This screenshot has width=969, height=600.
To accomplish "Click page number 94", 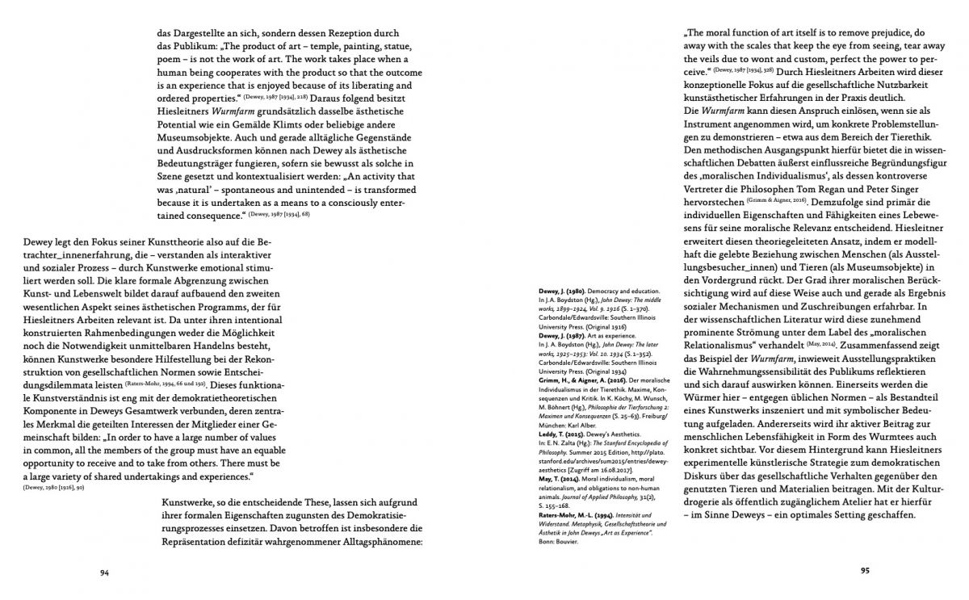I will [104, 573].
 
